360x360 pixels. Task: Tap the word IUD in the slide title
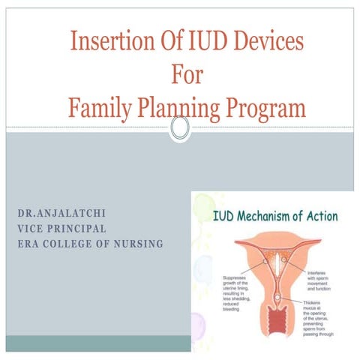point(200,41)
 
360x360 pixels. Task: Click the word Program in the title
point(265,109)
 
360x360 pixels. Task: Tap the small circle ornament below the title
point(180,129)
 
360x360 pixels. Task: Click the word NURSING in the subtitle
point(137,244)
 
